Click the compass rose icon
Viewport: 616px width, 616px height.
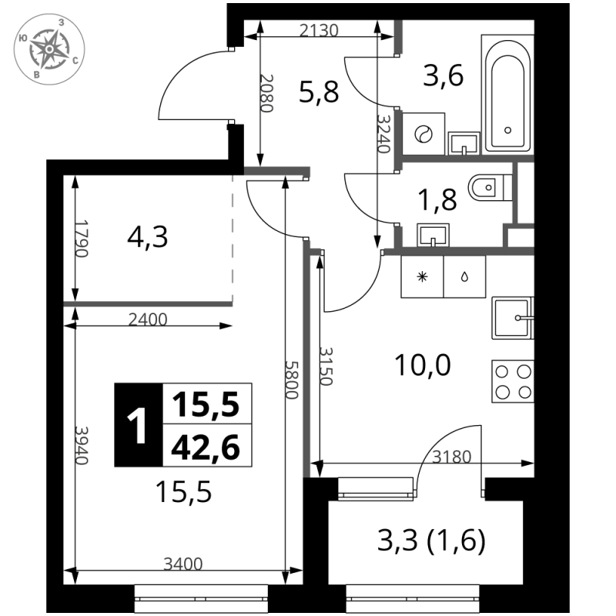(x=49, y=49)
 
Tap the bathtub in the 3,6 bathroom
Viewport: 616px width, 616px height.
(x=507, y=94)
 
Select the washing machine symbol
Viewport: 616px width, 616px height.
(x=423, y=134)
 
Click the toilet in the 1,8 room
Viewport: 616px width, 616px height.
(x=490, y=187)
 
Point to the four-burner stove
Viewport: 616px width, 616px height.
(x=513, y=381)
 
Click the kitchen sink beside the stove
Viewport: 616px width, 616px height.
(x=513, y=318)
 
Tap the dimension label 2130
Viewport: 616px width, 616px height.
(x=319, y=30)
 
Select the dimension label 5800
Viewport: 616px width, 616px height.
(x=293, y=380)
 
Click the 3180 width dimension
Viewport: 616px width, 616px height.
(x=451, y=457)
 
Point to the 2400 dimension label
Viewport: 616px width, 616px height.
(x=148, y=320)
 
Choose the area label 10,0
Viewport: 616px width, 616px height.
(x=422, y=365)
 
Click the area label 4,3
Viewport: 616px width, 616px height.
(x=148, y=237)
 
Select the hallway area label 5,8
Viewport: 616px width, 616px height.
(x=319, y=92)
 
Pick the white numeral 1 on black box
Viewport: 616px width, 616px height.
(x=138, y=425)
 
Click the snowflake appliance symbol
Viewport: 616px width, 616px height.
(x=422, y=277)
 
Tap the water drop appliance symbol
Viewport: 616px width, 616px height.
(x=465, y=277)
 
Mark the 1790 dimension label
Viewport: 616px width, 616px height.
(x=82, y=239)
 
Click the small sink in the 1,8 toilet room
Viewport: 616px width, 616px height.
(x=433, y=235)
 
